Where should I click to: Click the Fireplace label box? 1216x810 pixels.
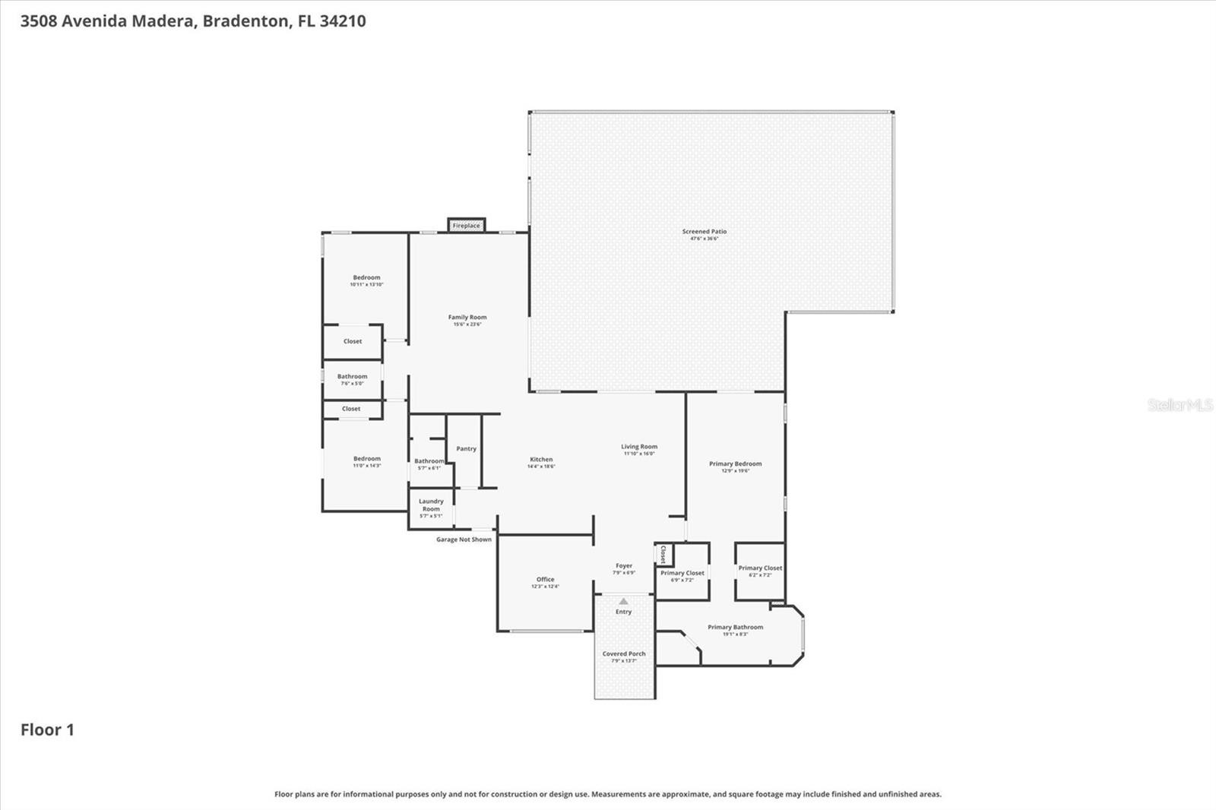coord(466,226)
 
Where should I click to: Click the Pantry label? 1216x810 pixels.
coord(466,448)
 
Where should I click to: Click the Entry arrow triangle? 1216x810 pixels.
coord(624,601)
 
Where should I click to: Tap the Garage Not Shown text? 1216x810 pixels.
coord(464,539)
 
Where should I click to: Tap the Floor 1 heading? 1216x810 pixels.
coord(47,729)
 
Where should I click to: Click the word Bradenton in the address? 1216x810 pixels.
coord(246,21)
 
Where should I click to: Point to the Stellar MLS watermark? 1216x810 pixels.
coord(1180,405)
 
